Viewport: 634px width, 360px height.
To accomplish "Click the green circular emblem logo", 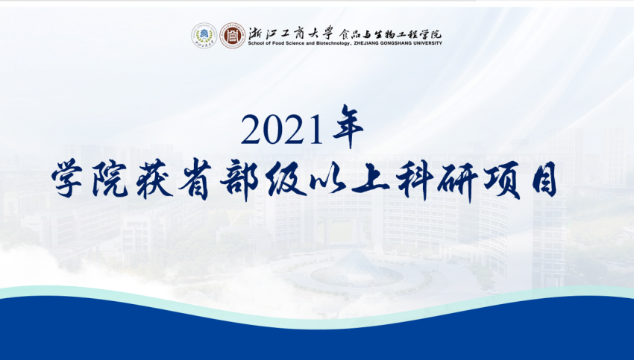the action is pos(204,36).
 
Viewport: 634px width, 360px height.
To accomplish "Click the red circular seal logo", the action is pos(233,36).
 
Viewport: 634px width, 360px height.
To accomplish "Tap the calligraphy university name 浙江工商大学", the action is pos(291,32).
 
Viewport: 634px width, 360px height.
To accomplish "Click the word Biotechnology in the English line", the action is pos(334,43).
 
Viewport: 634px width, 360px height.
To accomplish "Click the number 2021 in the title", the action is pos(283,130).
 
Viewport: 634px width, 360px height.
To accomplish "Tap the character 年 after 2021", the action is pos(348,126).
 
